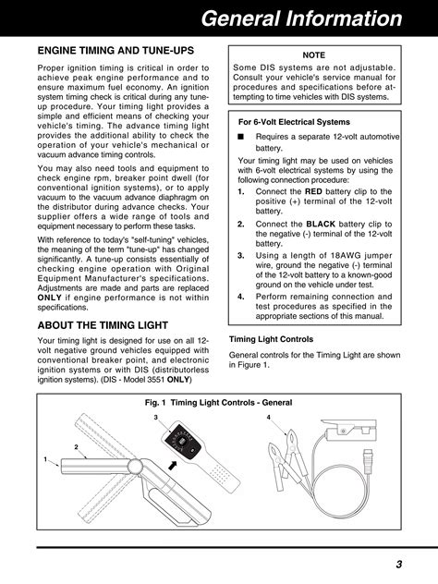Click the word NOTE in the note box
click(x=314, y=55)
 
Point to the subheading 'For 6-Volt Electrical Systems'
click(x=295, y=121)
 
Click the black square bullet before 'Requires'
click(x=240, y=136)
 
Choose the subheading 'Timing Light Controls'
click(x=271, y=338)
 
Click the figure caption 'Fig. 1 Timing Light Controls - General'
click(x=219, y=403)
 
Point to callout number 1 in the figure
click(x=43, y=459)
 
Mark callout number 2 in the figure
click(x=76, y=447)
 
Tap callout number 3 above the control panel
click(x=157, y=419)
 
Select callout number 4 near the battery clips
click(x=268, y=419)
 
